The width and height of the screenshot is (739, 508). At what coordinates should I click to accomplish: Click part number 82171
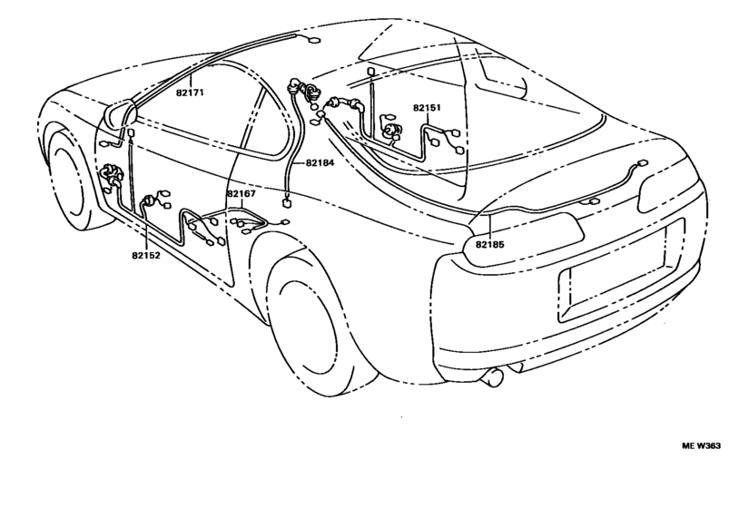pyautogui.click(x=190, y=93)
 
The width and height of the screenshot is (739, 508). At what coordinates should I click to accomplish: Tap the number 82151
pyautogui.click(x=427, y=108)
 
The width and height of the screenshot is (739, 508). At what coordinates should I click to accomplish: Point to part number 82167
pyautogui.click(x=241, y=193)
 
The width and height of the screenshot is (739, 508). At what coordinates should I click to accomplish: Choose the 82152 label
pyautogui.click(x=145, y=256)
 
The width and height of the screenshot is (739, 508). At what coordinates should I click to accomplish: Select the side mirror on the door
pyautogui.click(x=119, y=116)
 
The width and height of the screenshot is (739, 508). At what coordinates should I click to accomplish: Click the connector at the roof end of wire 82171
pyautogui.click(x=313, y=40)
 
